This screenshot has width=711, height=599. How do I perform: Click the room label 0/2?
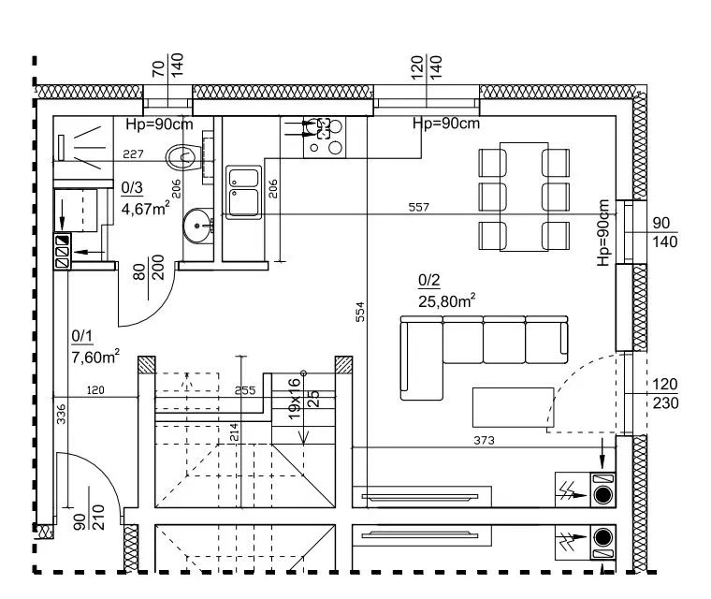coord(429,281)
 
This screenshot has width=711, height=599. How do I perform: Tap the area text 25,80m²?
coord(446,300)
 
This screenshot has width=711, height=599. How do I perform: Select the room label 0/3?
coord(132,187)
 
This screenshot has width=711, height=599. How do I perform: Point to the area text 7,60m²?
coord(95,357)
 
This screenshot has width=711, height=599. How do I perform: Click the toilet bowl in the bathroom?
coord(183,157)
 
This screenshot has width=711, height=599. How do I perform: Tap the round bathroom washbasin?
coord(197,226)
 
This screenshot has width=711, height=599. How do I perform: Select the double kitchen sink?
coord(244,193)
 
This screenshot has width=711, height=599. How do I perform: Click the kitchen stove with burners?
coord(325,137)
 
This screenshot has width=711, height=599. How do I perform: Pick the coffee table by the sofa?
coord(513,407)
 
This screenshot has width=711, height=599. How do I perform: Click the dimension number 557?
coord(418,208)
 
